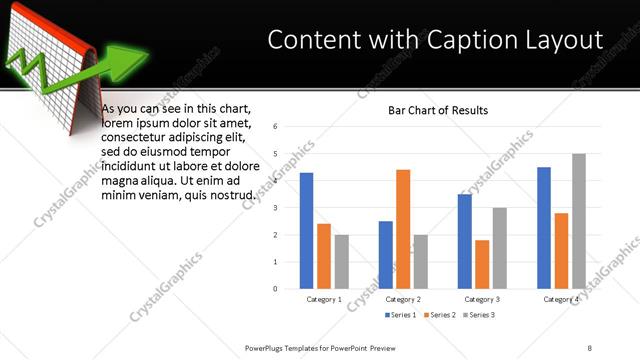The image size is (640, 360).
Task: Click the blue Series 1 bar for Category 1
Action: [306, 231]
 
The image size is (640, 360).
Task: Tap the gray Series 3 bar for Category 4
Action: [579, 221]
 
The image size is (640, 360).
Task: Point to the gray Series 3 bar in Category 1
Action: [342, 262]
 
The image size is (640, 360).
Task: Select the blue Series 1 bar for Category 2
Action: [385, 255]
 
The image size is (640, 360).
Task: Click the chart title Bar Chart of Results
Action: [438, 110]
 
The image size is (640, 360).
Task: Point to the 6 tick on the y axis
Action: [288, 127]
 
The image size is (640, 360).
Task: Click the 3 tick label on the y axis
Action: [288, 208]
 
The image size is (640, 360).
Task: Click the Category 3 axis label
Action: [481, 299]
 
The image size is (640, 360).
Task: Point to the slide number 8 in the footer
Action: [590, 347]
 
